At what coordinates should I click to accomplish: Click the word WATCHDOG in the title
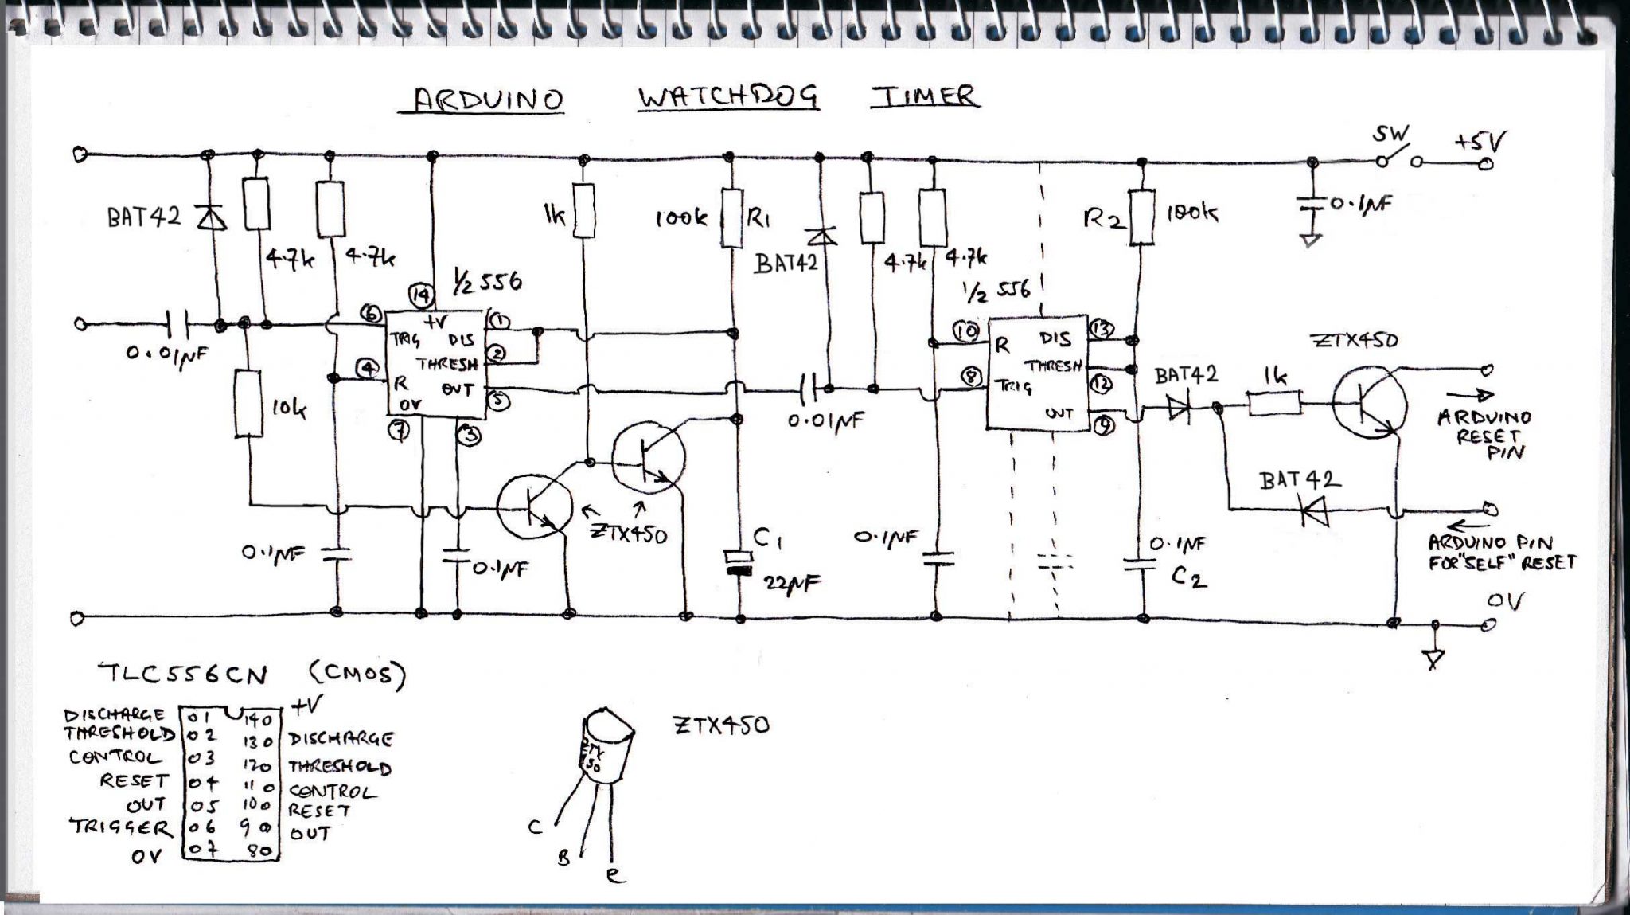(727, 98)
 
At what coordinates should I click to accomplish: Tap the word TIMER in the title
(925, 96)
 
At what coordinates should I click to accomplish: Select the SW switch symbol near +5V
(1398, 158)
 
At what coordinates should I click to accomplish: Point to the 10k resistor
(248, 403)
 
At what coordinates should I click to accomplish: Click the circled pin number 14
(421, 296)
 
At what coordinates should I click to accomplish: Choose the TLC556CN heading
(183, 675)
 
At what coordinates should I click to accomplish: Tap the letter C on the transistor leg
(535, 827)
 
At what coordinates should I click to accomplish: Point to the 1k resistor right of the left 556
(584, 210)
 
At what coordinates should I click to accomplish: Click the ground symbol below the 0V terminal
(1434, 658)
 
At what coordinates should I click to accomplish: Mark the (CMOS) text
(357, 675)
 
